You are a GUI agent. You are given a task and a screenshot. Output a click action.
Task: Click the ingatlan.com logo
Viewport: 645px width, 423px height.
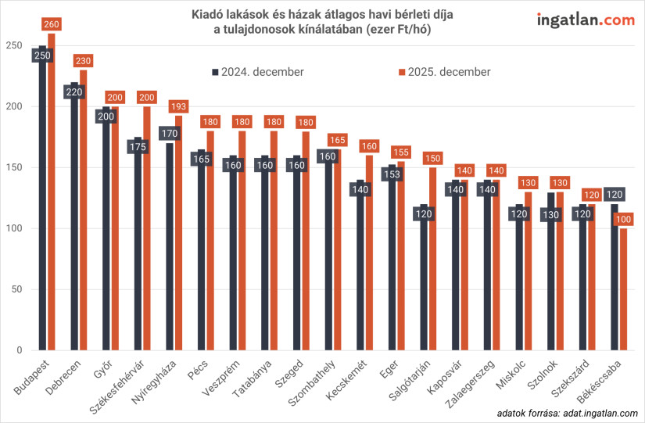click(x=585, y=20)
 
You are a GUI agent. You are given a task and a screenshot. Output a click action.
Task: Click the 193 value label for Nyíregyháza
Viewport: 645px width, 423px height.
click(x=179, y=106)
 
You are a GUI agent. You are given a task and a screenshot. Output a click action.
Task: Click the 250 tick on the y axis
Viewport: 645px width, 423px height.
click(x=12, y=45)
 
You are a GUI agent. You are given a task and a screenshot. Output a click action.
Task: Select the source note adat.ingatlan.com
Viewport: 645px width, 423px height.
click(x=567, y=411)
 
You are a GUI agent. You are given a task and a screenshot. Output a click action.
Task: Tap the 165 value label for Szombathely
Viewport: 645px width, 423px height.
click(x=337, y=141)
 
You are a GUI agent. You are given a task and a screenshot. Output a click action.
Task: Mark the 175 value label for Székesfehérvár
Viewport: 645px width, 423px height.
click(x=138, y=146)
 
